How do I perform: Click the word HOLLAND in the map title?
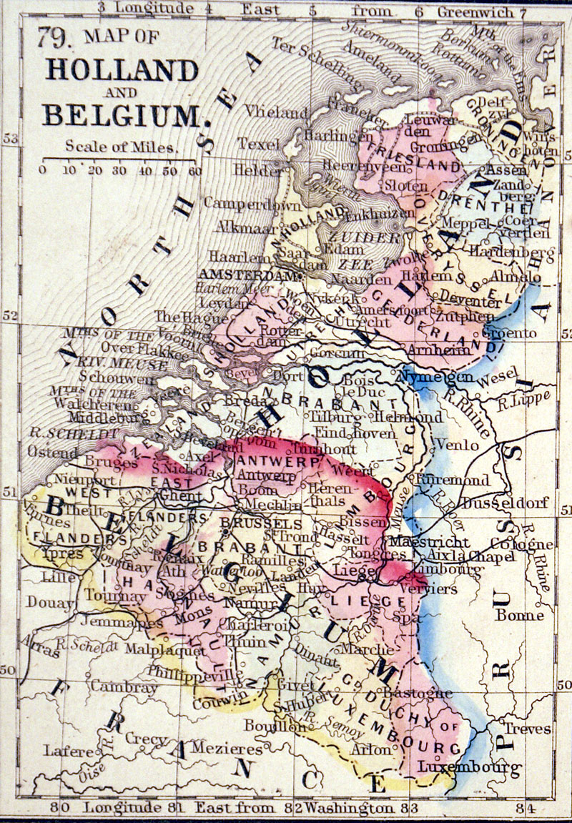(122, 70)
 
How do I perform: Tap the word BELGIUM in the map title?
(122, 114)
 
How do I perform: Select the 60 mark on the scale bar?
(194, 170)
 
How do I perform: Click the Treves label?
(528, 729)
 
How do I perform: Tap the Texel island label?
(259, 143)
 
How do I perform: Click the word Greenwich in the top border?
(475, 11)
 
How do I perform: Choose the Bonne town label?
(519, 615)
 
